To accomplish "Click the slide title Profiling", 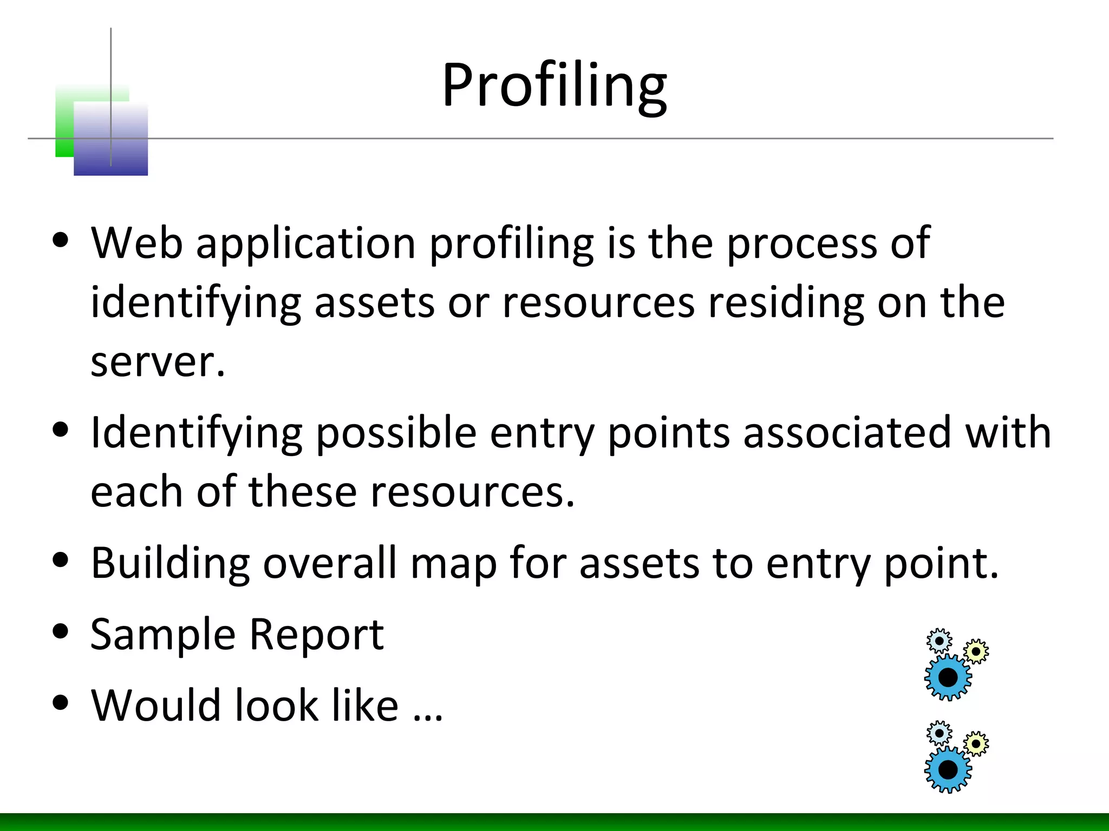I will coord(554,85).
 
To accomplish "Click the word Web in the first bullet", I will coord(136,243).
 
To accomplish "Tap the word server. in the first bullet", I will coord(157,362).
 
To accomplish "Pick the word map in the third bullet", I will coord(453,564).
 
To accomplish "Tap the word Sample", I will coord(162,634).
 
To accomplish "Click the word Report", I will coord(316,634).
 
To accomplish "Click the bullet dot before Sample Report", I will coord(61,631).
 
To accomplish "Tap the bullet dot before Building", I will coord(61,560).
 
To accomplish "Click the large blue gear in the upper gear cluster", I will coord(948,677).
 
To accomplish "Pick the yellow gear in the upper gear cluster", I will coord(976,651).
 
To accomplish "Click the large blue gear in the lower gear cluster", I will coord(948,769).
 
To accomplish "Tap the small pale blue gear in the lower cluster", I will coord(939,734).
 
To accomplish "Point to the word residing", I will coord(786,302).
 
